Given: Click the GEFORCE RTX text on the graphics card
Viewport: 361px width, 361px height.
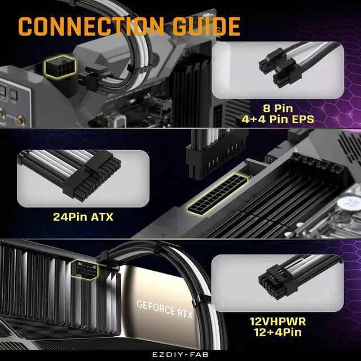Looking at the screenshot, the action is pos(164,308).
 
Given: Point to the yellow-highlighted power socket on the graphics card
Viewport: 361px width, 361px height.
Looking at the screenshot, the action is pos(86,267).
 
